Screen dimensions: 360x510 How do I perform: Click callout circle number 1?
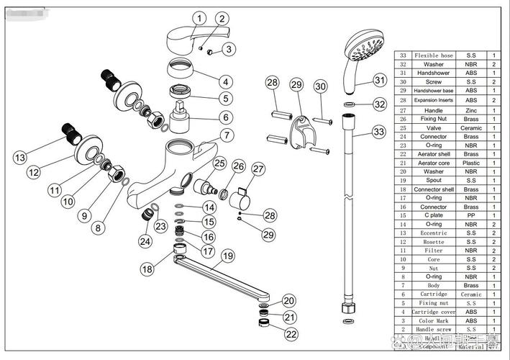pyautogui.click(x=199, y=18)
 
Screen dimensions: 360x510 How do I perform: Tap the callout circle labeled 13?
pyautogui.click(x=19, y=157)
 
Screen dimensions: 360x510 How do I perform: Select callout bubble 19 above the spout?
pyautogui.click(x=227, y=255)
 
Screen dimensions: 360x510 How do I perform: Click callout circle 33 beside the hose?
pyautogui.click(x=379, y=132)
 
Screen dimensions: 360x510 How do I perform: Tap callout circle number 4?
pyautogui.click(x=226, y=82)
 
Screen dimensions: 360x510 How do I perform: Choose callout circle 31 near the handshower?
pyautogui.click(x=380, y=79)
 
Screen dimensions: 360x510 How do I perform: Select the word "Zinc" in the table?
pyautogui.click(x=472, y=111)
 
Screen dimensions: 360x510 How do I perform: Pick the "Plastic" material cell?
pyautogui.click(x=472, y=163)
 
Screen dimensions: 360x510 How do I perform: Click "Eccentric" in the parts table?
pyautogui.click(x=433, y=233)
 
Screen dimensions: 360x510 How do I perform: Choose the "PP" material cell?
pyautogui.click(x=472, y=215)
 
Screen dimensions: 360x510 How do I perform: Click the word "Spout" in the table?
pyautogui.click(x=433, y=181)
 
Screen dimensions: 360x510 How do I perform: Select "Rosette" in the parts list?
pyautogui.click(x=433, y=242)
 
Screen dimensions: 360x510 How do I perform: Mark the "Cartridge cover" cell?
pyautogui.click(x=433, y=312)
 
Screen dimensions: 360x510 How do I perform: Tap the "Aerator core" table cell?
pyautogui.click(x=433, y=163)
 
